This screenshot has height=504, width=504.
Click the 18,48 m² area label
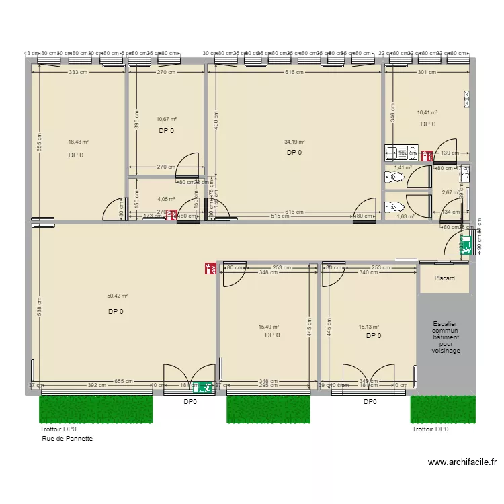point(78,142)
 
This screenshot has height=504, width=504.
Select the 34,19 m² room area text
point(294,142)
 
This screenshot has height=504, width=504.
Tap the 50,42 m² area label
point(117,296)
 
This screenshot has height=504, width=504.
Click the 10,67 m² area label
point(166,119)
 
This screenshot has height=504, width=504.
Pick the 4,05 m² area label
point(166,199)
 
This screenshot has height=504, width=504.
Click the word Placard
point(444,278)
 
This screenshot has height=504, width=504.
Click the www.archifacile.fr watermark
point(462,462)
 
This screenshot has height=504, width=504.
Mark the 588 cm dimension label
point(40,307)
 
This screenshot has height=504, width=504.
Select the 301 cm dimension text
point(427,72)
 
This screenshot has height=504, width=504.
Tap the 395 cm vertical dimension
point(136,119)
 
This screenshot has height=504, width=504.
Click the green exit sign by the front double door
point(200,386)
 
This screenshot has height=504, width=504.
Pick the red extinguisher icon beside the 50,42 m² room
point(209,269)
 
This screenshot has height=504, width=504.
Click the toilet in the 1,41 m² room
point(391,177)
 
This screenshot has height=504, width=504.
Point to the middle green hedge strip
point(268,409)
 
